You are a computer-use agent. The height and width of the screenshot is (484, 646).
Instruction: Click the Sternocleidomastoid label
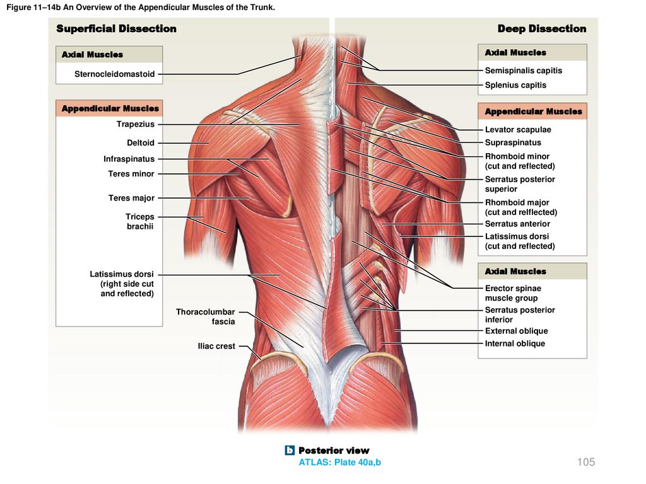click(x=115, y=74)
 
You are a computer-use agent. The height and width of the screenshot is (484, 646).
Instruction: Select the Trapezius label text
click(x=136, y=124)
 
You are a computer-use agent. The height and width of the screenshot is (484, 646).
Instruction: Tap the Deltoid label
click(x=141, y=143)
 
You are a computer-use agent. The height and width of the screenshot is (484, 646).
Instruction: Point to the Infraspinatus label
click(x=129, y=159)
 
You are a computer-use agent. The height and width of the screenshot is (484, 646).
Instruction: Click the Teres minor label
click(x=131, y=174)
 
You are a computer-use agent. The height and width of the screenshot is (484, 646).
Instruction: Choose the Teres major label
click(x=131, y=198)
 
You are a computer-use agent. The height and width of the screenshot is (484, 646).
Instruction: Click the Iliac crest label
click(x=216, y=346)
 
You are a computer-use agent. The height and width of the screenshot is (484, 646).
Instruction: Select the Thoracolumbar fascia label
click(x=206, y=317)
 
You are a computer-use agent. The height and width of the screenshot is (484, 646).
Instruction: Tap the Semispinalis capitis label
click(x=523, y=71)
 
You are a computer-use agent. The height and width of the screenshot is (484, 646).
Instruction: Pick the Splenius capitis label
click(x=515, y=85)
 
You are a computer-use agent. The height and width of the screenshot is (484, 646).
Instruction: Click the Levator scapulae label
click(x=518, y=130)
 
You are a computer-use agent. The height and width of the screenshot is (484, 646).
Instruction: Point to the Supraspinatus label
click(x=513, y=143)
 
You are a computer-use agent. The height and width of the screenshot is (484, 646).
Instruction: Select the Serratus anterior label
click(x=517, y=224)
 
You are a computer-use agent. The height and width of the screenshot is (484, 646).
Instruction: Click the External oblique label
click(x=516, y=331)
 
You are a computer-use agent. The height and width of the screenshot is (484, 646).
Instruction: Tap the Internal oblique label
click(x=515, y=343)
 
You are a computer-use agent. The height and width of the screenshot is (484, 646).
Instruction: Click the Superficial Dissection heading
click(x=116, y=29)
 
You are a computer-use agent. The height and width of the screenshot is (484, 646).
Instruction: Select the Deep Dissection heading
click(x=542, y=29)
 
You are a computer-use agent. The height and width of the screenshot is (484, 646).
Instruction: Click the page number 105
click(x=586, y=462)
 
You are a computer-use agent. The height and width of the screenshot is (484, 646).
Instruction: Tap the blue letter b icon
click(x=290, y=450)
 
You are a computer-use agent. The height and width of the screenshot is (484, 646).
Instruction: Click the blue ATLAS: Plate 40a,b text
click(x=340, y=463)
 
